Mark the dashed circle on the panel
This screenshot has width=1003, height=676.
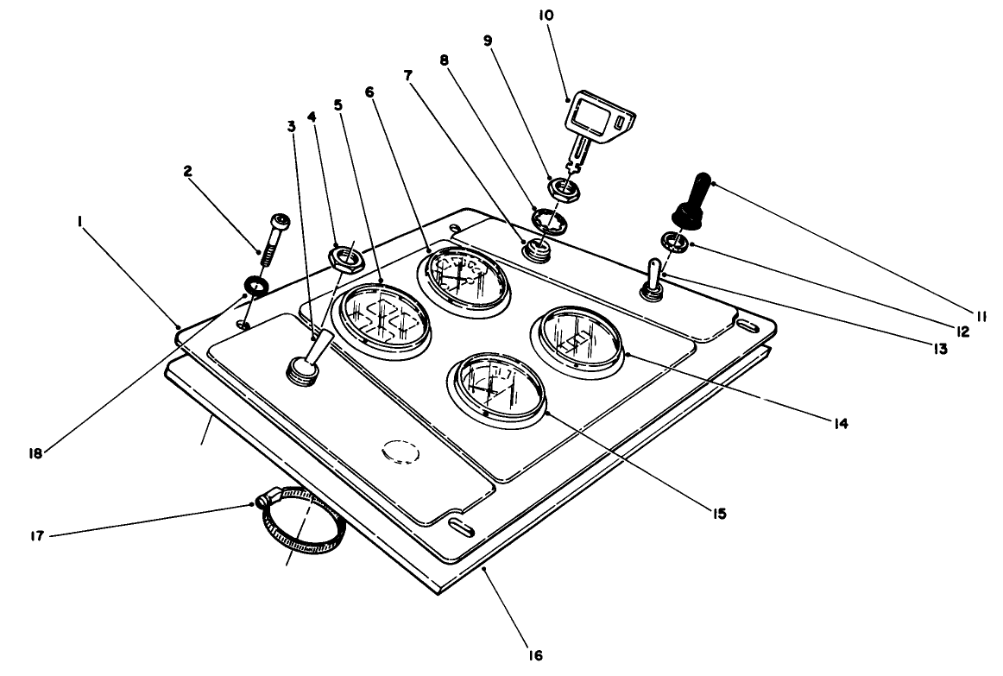(x=399, y=452)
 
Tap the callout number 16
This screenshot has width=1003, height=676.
(x=536, y=654)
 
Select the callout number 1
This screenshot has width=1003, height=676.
(x=79, y=222)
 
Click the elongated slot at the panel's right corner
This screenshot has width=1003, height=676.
(x=744, y=325)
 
